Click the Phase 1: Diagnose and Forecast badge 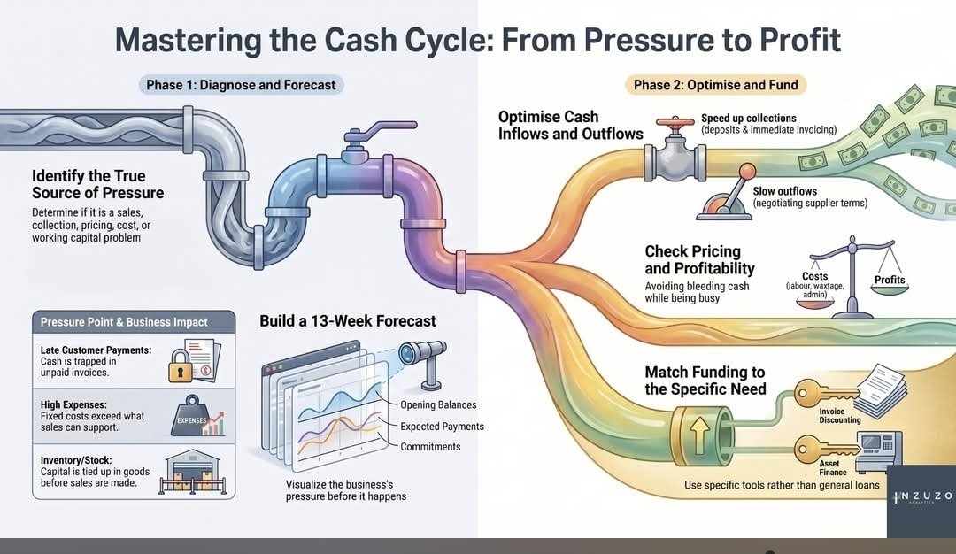[x=241, y=85]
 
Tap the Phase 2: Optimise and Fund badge [x=715, y=85]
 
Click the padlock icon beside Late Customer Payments [x=180, y=365]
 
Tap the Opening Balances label [x=438, y=404]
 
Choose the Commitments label [x=430, y=447]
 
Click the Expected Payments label [x=442, y=427]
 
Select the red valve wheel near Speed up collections [x=675, y=122]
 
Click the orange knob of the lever [x=747, y=172]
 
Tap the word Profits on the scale [x=890, y=280]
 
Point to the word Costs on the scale [x=814, y=276]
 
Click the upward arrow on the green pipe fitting [x=699, y=435]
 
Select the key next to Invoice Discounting [x=824, y=393]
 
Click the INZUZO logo [x=921, y=497]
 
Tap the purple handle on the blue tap [x=381, y=130]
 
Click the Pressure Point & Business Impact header [x=124, y=322]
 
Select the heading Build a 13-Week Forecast [x=348, y=321]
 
